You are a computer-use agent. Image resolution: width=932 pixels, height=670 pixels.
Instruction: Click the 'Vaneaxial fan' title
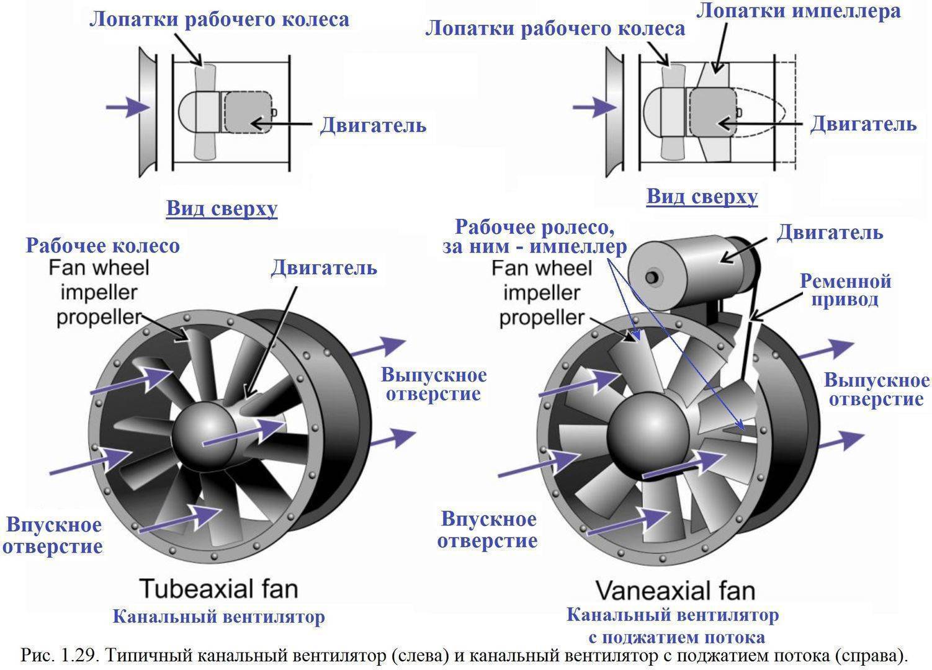(x=674, y=590)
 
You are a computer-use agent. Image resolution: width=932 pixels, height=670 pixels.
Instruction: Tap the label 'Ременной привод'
(x=845, y=290)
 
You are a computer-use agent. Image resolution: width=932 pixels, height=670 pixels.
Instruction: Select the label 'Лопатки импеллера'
(x=798, y=11)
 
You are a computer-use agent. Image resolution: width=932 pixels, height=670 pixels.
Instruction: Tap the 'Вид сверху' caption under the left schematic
(x=222, y=208)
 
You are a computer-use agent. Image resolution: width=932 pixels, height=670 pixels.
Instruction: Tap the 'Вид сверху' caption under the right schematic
(x=702, y=197)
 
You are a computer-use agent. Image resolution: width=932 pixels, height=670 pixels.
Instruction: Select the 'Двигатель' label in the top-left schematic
(x=373, y=125)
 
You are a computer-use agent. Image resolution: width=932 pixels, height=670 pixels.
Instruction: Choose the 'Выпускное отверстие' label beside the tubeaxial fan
(x=433, y=385)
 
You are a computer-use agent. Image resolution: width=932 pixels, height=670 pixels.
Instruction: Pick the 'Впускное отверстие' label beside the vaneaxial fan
(x=487, y=529)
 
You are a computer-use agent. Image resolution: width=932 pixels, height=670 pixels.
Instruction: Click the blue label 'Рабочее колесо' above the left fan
(x=102, y=246)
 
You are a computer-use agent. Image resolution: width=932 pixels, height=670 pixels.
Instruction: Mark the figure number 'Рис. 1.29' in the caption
(x=60, y=655)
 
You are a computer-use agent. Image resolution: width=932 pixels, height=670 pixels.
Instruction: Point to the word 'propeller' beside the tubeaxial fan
(x=99, y=317)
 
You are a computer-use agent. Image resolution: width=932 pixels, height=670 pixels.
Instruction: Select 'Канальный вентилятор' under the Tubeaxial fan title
(x=218, y=617)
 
